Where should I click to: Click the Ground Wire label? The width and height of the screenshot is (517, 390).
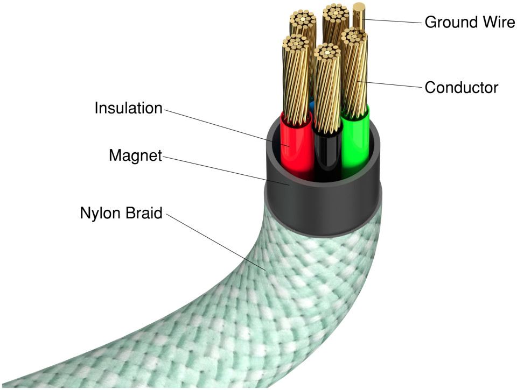pyautogui.click(x=470, y=23)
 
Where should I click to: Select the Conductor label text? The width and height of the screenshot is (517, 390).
pyautogui.click(x=461, y=87)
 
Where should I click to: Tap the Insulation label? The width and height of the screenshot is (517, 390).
pyautogui.click(x=128, y=108)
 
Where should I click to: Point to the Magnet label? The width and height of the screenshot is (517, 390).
pyautogui.click(x=135, y=156)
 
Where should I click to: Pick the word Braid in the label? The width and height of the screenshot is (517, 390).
pyautogui.click(x=142, y=213)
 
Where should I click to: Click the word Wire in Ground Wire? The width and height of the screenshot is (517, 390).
pyautogui.click(x=501, y=23)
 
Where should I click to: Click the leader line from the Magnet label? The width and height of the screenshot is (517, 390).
pyautogui.click(x=226, y=171)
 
